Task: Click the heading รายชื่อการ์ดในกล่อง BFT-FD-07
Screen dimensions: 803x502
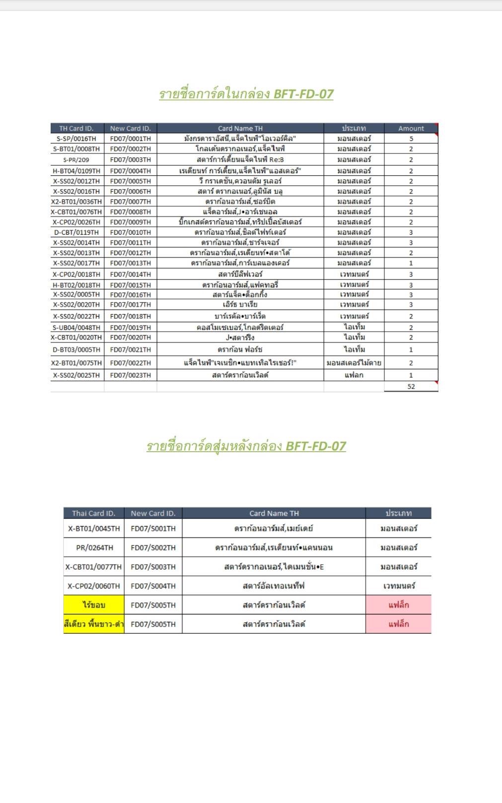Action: point(246,94)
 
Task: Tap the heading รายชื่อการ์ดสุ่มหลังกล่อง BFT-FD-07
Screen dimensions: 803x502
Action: point(246,446)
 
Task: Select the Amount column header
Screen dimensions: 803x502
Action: point(411,129)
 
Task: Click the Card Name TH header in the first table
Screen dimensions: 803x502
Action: point(240,129)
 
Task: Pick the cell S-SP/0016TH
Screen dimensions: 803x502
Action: point(76,139)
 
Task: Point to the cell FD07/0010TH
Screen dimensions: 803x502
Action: point(130,232)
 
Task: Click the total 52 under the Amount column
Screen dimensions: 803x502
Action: point(411,387)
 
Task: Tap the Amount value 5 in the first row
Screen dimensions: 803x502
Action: point(411,139)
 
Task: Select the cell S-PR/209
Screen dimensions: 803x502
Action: point(76,160)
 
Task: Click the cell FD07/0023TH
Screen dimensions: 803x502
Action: point(130,375)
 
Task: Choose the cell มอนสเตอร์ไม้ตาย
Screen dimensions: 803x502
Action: point(354,363)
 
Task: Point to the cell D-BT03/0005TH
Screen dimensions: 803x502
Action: point(76,349)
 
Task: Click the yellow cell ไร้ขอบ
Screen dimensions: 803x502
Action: point(93,605)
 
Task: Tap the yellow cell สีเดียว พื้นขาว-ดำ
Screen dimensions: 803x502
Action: point(93,624)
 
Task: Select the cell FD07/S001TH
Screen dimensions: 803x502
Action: point(153,529)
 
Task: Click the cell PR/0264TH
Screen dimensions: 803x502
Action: point(94,548)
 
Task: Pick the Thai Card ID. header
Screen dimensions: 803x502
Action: point(93,514)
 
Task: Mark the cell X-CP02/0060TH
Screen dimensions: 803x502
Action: point(93,586)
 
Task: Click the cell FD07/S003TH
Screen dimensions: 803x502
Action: point(153,567)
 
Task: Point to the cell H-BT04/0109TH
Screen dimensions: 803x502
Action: point(76,171)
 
